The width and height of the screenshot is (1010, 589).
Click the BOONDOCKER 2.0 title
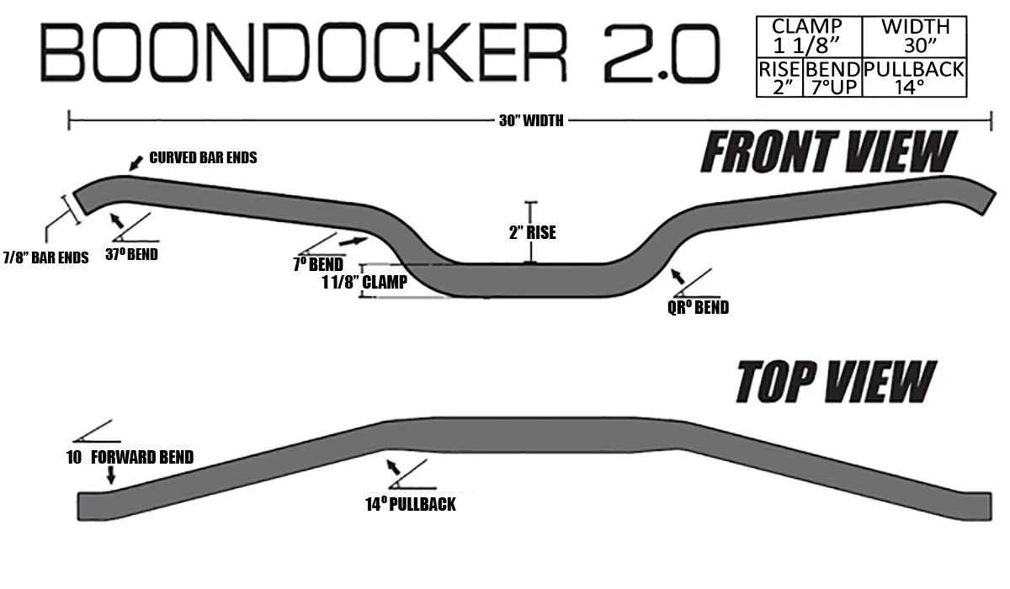point(380,52)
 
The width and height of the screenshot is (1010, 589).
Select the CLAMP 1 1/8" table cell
point(809,37)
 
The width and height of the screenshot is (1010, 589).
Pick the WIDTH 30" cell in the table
point(914,37)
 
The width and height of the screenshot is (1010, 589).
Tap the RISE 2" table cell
point(779,77)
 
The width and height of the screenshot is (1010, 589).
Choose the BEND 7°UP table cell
point(832,77)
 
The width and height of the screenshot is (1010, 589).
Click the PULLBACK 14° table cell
point(914,77)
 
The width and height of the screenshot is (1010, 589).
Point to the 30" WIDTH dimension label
point(531,121)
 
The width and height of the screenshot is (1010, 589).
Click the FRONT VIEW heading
point(828,151)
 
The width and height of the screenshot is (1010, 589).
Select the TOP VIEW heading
point(837,381)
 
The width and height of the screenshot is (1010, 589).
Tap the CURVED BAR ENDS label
point(203,157)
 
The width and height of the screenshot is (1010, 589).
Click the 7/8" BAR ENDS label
point(46,257)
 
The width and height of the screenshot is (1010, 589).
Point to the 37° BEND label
point(131,254)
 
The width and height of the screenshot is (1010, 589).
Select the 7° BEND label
point(318,264)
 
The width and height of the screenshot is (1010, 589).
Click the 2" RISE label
point(533,232)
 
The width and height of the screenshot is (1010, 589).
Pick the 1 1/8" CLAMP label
point(364,282)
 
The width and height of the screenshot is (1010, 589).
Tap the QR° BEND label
point(698,307)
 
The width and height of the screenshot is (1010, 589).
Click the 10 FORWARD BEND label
point(130,457)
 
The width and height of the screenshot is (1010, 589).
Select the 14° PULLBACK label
point(411,504)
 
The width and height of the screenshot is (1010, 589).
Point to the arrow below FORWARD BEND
point(110,475)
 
